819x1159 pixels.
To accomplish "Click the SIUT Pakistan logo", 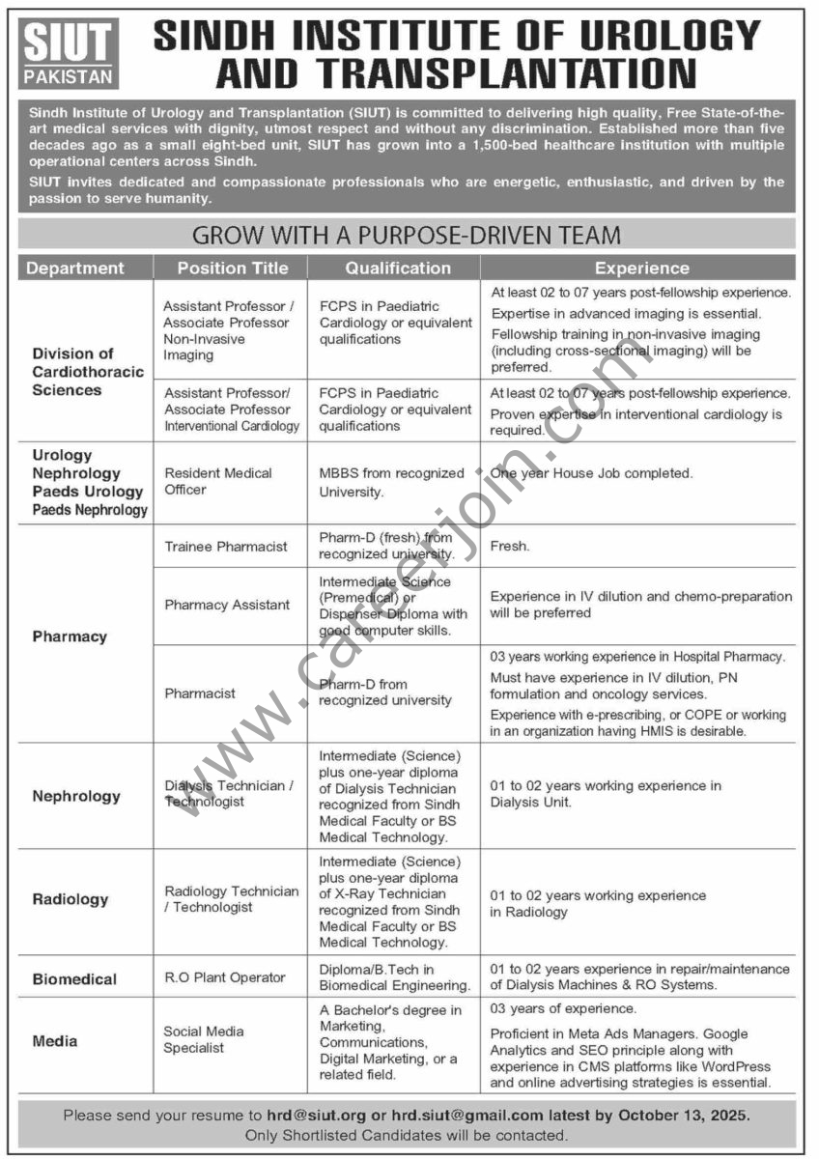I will [68, 53].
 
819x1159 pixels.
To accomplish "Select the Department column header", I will [75, 268].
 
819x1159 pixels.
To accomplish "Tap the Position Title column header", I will [232, 268].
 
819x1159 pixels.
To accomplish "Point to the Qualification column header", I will [398, 268].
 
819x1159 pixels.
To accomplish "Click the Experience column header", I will [641, 268].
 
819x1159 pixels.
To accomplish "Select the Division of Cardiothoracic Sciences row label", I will [88, 372].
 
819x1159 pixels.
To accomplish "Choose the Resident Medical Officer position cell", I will [218, 481].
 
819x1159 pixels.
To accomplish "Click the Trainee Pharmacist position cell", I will [226, 546].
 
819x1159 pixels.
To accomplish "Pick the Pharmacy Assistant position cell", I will [227, 605].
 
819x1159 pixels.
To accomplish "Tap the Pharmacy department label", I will [70, 636].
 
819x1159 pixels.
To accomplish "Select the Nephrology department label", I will [76, 796].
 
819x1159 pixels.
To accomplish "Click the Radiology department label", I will [71, 899].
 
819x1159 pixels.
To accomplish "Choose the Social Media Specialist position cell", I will [204, 1039].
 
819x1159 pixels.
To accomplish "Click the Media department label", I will [55, 1041].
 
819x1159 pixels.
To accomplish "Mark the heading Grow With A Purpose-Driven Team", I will [407, 235].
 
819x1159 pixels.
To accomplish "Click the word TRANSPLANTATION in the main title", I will [456, 73].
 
